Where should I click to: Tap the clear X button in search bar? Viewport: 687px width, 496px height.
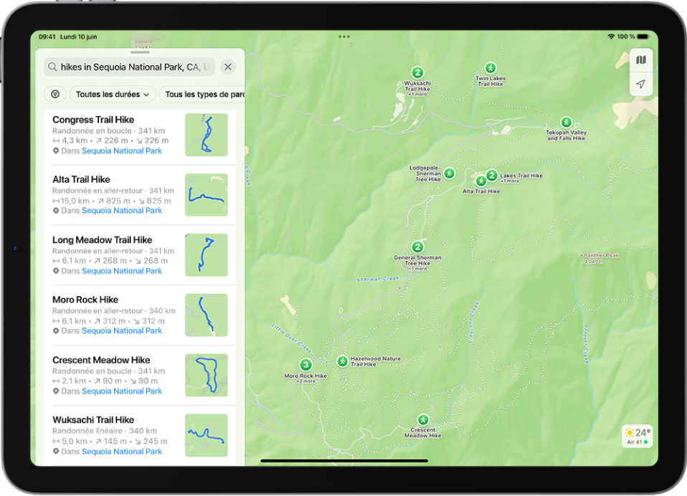pos(228,67)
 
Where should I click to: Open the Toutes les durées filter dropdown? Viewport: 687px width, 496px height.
pos(113,94)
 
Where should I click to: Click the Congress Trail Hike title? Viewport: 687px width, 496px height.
pos(93,120)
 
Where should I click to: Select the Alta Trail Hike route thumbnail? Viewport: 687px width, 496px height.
pos(207,195)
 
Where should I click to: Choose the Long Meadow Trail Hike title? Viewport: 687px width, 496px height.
pos(102,240)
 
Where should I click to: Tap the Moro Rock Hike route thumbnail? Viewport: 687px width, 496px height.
pos(207,315)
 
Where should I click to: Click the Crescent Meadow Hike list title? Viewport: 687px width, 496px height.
pos(101,360)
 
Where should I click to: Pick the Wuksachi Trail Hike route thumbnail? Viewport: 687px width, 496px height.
pos(207,435)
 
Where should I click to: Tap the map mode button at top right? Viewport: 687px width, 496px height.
pos(640,60)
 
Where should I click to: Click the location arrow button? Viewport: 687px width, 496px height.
pos(640,85)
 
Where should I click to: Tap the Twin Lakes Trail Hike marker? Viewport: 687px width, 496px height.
pos(491,68)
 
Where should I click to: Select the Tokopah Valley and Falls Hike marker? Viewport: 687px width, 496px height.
pos(567,123)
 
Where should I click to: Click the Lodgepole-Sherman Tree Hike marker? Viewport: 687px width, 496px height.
pos(449,173)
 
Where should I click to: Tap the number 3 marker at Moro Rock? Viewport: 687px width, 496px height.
pos(305,364)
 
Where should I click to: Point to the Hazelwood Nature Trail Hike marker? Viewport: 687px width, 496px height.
pos(343,361)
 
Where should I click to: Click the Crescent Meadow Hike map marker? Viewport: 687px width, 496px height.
pos(423,419)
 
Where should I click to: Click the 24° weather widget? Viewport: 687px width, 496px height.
pos(638,436)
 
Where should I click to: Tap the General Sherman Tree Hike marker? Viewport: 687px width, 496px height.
pos(418,247)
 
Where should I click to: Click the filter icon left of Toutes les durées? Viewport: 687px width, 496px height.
pos(55,94)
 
